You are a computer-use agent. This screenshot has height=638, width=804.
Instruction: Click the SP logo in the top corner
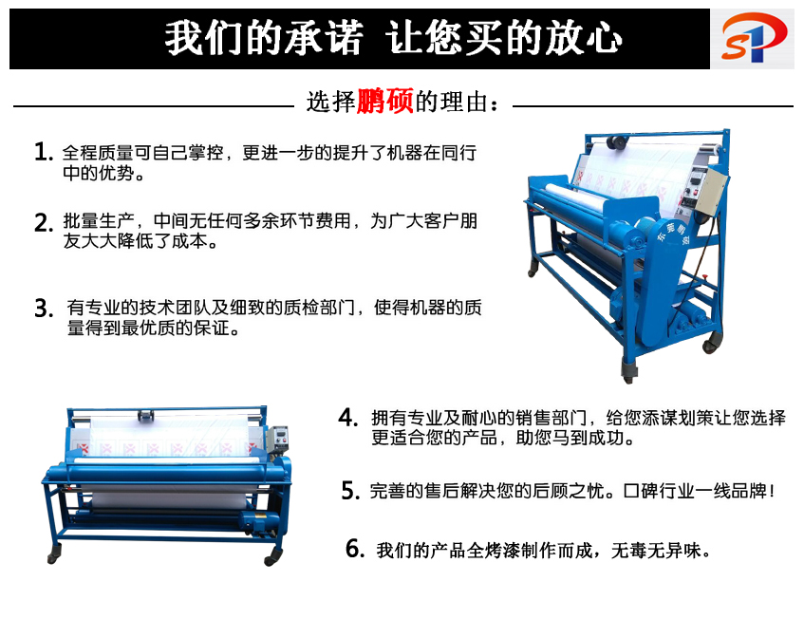tap(753, 38)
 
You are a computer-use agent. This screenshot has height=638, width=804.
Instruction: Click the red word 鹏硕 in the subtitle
tap(385, 101)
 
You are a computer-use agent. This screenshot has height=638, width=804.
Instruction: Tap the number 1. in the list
tap(44, 152)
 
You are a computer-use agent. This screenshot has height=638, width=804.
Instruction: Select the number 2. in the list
tap(44, 222)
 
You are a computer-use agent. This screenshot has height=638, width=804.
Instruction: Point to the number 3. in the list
tap(44, 309)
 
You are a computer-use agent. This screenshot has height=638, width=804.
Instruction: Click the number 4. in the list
tap(347, 418)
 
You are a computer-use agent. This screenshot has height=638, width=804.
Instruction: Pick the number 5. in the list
tap(350, 491)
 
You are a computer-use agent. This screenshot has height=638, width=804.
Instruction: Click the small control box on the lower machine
tap(278, 439)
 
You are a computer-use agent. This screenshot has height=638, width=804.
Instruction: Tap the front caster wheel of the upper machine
tap(628, 370)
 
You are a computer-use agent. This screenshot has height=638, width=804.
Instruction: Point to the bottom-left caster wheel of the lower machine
tap(54, 554)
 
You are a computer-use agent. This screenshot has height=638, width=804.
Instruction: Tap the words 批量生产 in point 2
tap(99, 221)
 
